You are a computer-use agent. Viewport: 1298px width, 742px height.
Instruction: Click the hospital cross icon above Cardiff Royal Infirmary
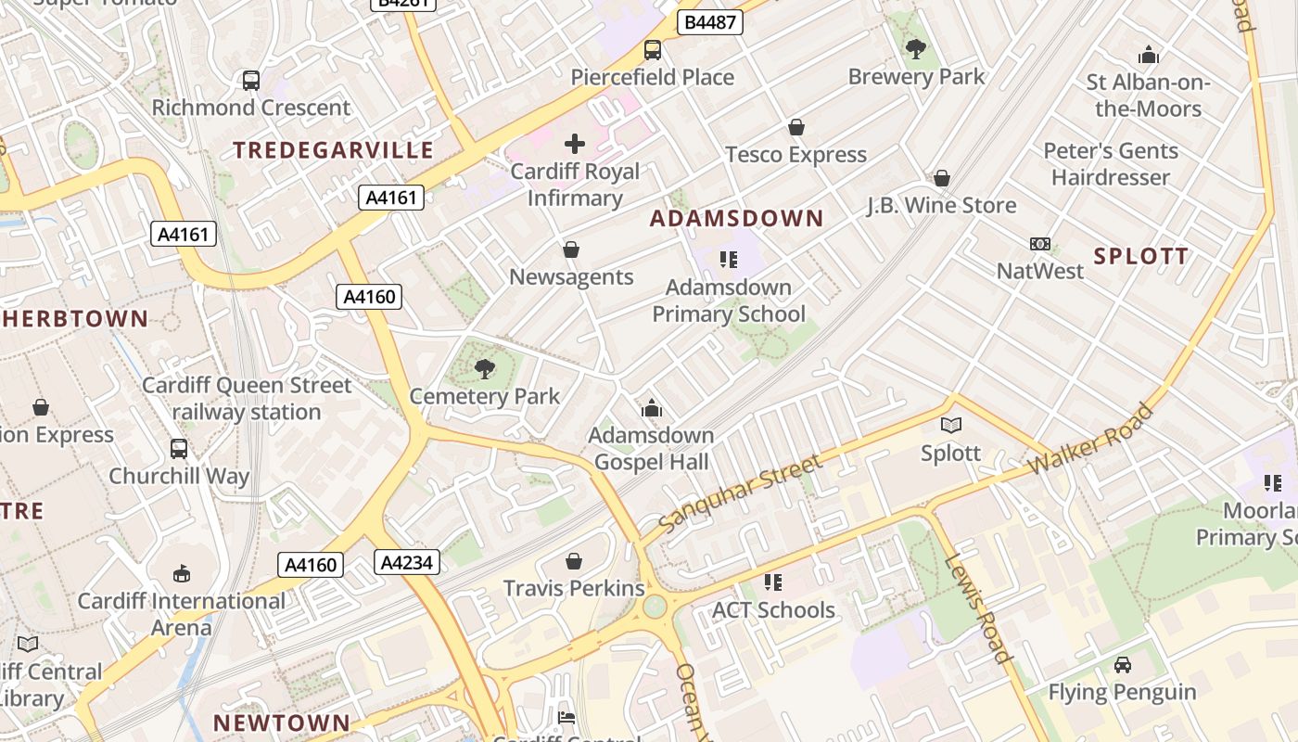pyautogui.click(x=575, y=144)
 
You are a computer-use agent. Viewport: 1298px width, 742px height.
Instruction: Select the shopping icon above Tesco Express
pyautogui.click(x=795, y=127)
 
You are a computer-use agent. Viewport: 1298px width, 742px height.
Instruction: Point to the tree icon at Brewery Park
pyautogui.click(x=916, y=48)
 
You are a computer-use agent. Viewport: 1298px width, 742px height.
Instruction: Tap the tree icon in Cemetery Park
pyautogui.click(x=484, y=369)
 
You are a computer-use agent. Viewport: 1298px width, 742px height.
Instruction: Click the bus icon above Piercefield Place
pyautogui.click(x=653, y=50)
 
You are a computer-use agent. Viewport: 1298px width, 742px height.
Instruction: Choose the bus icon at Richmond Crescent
pyautogui.click(x=251, y=81)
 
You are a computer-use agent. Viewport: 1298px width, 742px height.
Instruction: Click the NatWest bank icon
pyautogui.click(x=1040, y=244)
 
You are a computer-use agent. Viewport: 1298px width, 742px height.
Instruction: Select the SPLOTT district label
pyautogui.click(x=1140, y=257)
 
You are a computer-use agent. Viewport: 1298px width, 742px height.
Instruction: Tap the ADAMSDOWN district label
pyautogui.click(x=736, y=219)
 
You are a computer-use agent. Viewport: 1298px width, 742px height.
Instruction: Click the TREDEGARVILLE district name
pyautogui.click(x=333, y=150)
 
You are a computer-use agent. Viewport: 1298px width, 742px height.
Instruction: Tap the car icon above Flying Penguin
pyautogui.click(x=1122, y=665)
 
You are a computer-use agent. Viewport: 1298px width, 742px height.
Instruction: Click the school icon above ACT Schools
pyautogui.click(x=773, y=582)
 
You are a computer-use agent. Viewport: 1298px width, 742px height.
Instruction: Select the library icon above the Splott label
pyautogui.click(x=951, y=426)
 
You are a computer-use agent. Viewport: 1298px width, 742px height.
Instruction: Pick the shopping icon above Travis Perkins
pyautogui.click(x=574, y=561)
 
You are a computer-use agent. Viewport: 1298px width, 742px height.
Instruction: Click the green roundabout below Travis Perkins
pyautogui.click(x=655, y=607)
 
